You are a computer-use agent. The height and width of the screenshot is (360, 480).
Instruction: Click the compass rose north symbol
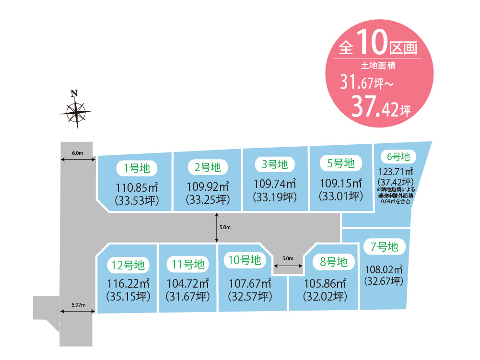tap(76, 109)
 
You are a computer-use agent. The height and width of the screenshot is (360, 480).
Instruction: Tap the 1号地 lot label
tap(137, 168)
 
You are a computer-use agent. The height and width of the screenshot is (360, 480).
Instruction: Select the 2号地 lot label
tap(208, 167)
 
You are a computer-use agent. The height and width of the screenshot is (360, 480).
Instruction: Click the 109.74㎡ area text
tap(275, 184)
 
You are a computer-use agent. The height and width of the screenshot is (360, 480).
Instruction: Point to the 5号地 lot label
tap(341, 163)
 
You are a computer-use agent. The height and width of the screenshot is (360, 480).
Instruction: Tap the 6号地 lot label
tap(398, 157)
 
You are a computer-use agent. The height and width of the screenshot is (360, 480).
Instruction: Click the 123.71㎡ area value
tap(396, 172)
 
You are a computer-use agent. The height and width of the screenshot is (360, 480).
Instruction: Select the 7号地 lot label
tap(384, 247)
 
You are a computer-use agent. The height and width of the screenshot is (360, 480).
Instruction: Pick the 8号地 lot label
tap(333, 262)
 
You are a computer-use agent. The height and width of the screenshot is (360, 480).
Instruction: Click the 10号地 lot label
tap(245, 260)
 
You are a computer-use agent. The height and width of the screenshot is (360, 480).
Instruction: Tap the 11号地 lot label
tap(187, 265)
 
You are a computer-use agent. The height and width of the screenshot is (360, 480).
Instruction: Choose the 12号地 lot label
tap(128, 266)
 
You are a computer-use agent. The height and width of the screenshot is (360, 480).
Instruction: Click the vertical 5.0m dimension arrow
tap(217, 228)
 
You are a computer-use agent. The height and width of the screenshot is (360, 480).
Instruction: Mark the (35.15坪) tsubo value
tap(128, 297)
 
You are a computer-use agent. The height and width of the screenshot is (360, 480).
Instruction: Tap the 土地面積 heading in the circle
tap(378, 66)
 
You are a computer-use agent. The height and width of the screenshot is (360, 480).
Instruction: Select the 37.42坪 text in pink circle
tap(381, 107)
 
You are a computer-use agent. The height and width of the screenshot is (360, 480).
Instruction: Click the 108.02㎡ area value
tap(384, 269)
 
